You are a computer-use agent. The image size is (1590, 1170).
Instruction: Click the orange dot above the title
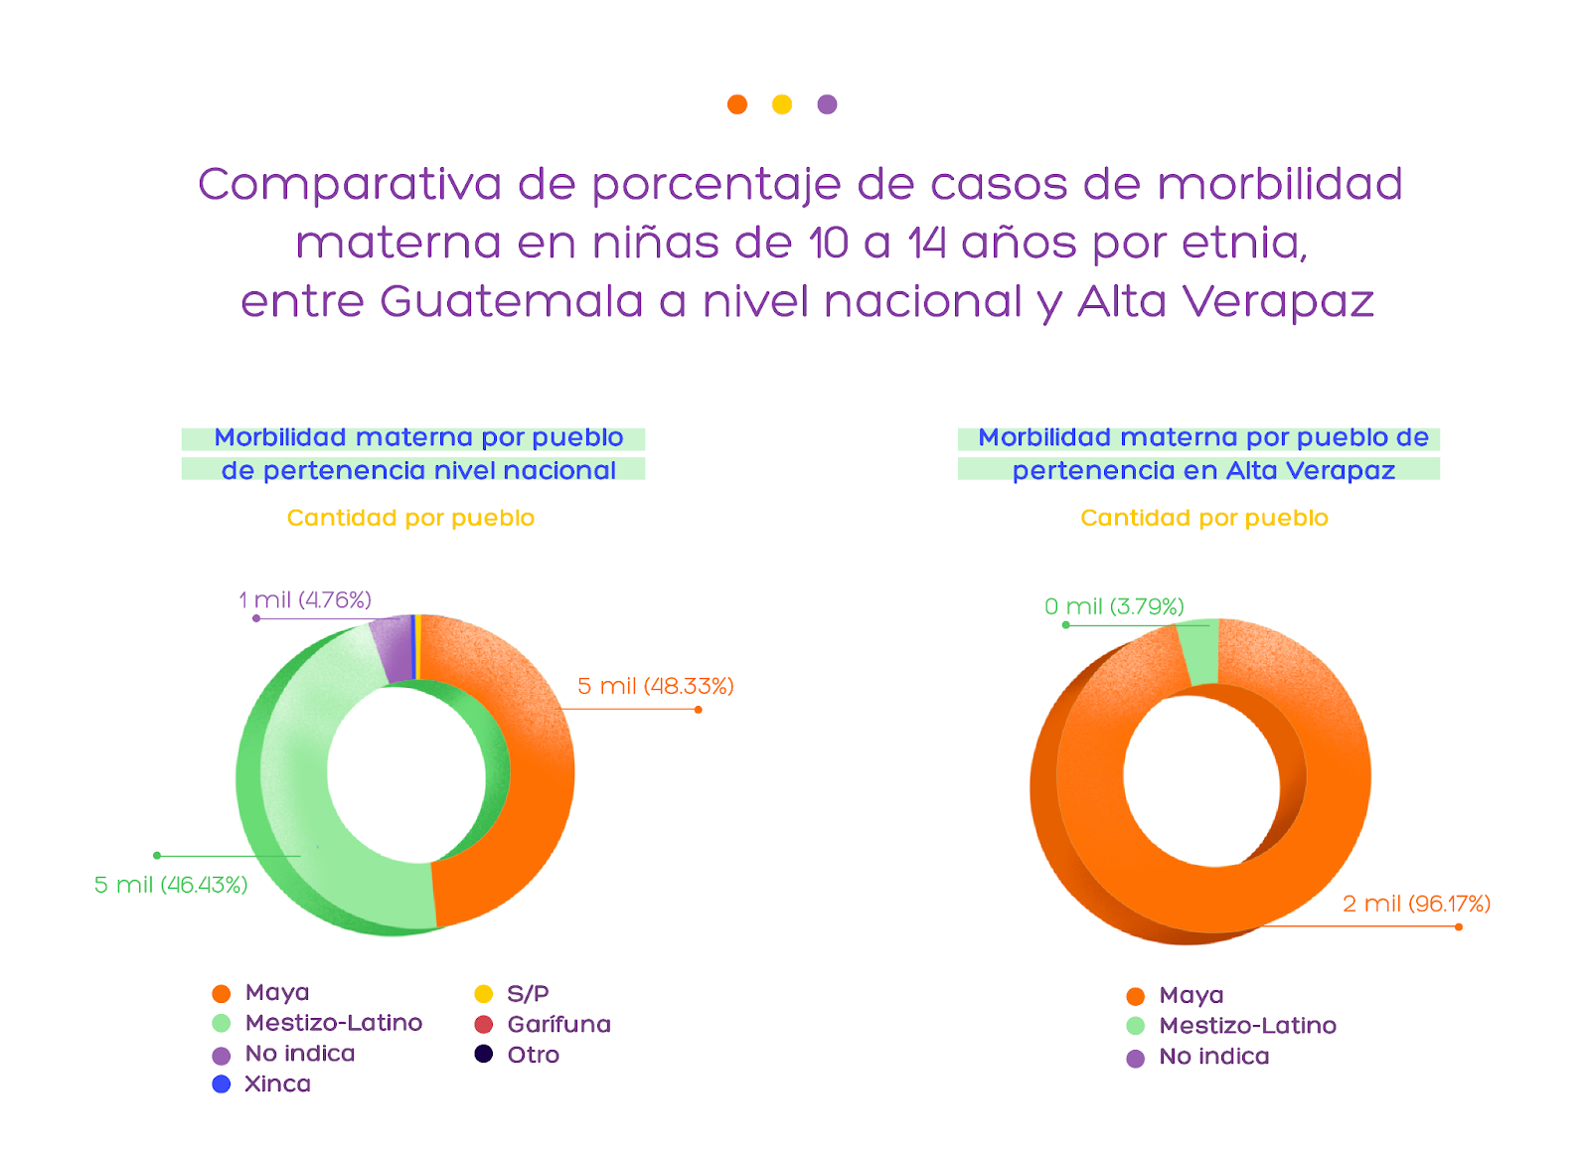[x=736, y=104]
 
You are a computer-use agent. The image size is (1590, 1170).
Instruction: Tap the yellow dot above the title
[x=782, y=104]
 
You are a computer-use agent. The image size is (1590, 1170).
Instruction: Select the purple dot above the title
[x=827, y=104]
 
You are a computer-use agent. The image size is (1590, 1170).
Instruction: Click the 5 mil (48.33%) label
[x=655, y=686]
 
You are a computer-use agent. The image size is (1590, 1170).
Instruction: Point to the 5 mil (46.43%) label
[x=171, y=885]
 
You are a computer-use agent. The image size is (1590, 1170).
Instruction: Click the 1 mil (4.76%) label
[x=305, y=599]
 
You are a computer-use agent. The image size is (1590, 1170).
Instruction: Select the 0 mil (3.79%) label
[x=1114, y=606]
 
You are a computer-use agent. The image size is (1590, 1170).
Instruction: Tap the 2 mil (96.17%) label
[x=1416, y=904]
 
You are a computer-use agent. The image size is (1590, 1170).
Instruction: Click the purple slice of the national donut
[x=392, y=648]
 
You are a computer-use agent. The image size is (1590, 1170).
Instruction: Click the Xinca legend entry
[x=262, y=1084]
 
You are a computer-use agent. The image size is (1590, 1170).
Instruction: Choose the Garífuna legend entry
[x=544, y=1024]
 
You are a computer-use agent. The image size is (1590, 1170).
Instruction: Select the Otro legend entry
[x=518, y=1055]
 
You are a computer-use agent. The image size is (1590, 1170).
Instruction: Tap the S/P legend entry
[x=513, y=993]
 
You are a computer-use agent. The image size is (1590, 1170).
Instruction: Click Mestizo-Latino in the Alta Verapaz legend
[x=1233, y=1026]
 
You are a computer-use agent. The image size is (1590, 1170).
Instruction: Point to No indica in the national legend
[x=284, y=1054]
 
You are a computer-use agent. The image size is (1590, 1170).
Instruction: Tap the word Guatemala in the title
[x=511, y=301]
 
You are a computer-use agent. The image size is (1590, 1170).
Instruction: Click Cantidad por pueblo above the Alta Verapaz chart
[x=1203, y=518]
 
